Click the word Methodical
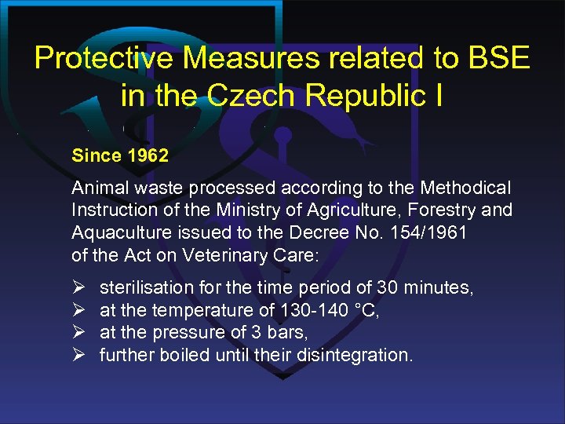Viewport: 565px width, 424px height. (x=465, y=188)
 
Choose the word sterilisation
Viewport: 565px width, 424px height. (x=145, y=288)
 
